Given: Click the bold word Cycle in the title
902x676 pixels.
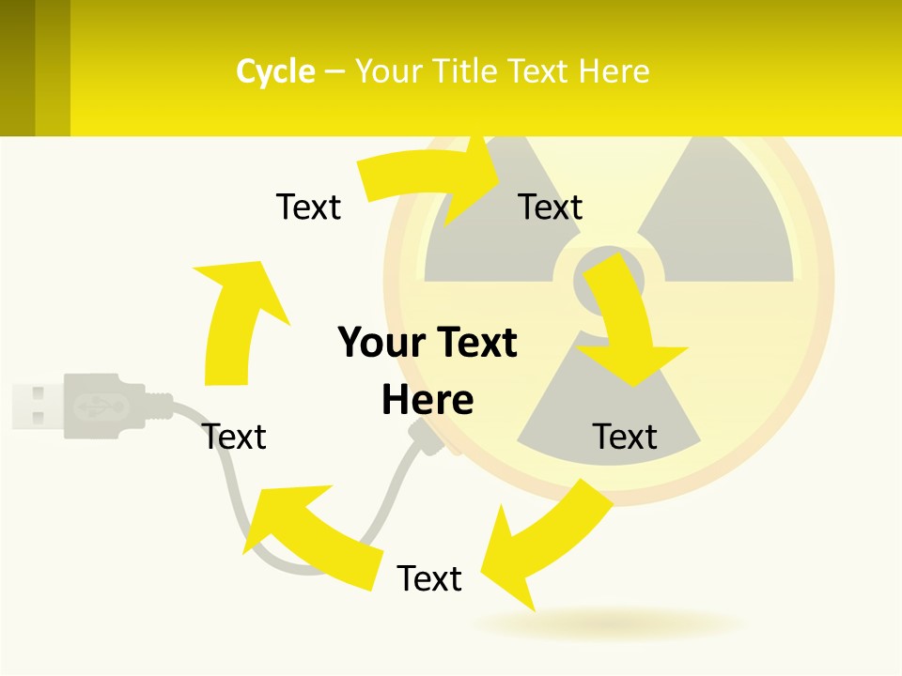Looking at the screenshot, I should pyautogui.click(x=275, y=71).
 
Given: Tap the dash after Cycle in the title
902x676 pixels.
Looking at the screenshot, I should pyautogui.click(x=334, y=72).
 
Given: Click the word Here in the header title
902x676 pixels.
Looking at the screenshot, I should pyautogui.click(x=613, y=71).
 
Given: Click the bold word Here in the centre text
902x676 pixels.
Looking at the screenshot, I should pyautogui.click(x=428, y=400).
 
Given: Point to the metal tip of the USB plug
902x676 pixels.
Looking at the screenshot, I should pyautogui.click(x=36, y=405).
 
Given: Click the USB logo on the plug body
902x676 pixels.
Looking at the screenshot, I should pyautogui.click(x=94, y=406).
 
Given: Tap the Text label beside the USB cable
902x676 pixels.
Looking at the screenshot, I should pyautogui.click(x=235, y=437).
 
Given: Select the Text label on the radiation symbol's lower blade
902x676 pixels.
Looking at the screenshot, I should pyautogui.click(x=625, y=437).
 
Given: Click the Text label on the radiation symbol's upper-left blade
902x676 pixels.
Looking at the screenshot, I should pyautogui.click(x=551, y=207).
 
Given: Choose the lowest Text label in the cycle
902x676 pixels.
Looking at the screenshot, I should pyautogui.click(x=429, y=578).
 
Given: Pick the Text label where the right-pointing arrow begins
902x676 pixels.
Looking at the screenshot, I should pyautogui.click(x=308, y=207).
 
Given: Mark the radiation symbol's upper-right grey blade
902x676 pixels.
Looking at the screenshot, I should pyautogui.click(x=723, y=216).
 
